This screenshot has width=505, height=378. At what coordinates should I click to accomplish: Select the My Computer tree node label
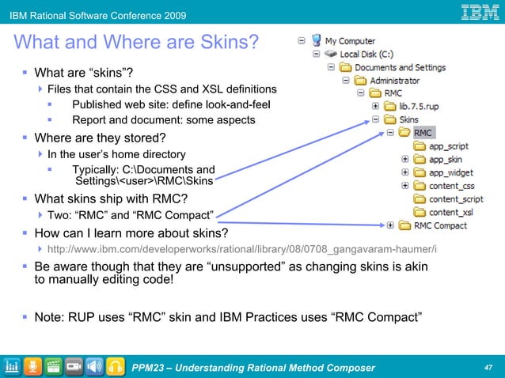pos(350,40)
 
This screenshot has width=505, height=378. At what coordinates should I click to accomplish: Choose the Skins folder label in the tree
pos(409,119)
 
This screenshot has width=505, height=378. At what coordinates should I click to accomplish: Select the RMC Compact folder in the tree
pos(441,225)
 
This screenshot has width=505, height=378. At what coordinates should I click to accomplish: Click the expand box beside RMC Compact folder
pos(389,225)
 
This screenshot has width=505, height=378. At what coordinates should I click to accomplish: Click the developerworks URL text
pos(252,250)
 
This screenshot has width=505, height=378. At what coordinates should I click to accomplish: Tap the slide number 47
pos(488,367)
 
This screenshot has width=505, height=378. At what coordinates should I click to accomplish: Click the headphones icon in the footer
pos(116,366)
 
